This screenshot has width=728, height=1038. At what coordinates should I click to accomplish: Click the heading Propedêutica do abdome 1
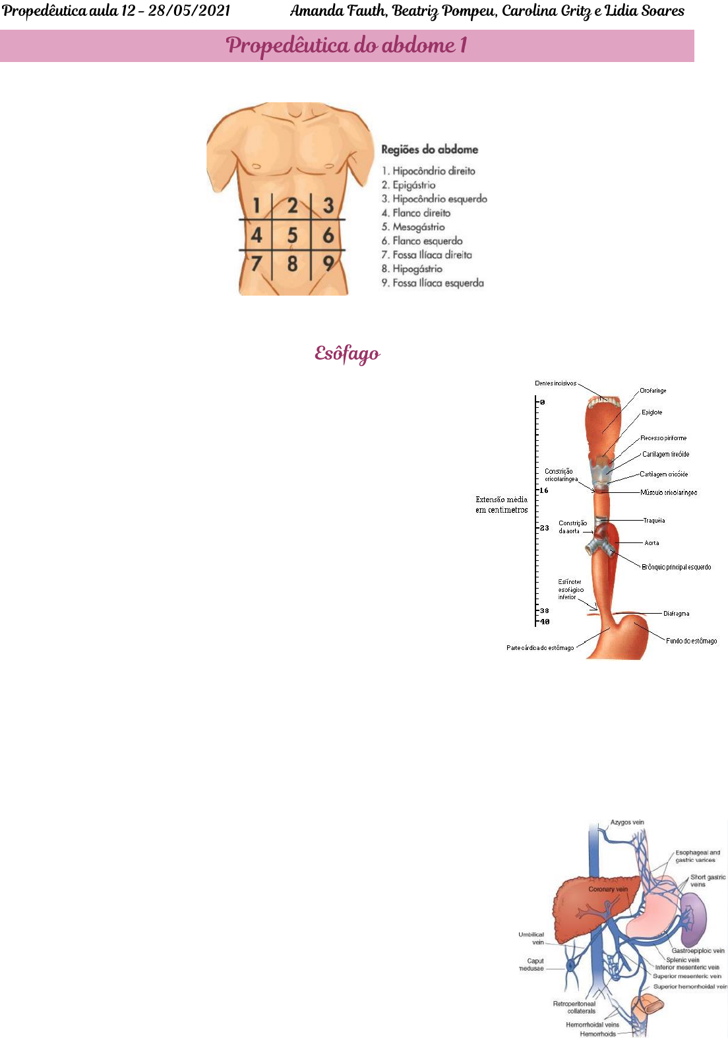347,46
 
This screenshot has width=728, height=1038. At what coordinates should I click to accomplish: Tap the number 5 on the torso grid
292,236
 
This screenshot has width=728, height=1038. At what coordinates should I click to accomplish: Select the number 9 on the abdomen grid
328,264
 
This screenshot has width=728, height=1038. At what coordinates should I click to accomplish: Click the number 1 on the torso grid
257,206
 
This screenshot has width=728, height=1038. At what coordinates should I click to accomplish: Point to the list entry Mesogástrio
418,227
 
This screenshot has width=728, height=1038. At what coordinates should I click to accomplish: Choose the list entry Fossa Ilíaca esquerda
437,283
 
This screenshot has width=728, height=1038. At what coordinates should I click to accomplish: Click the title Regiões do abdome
429,150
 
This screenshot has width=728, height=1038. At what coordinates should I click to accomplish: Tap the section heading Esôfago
347,354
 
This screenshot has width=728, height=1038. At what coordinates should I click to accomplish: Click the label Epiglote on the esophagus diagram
652,412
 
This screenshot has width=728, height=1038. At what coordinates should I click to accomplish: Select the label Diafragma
676,614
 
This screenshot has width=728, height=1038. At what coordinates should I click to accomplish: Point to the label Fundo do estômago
691,641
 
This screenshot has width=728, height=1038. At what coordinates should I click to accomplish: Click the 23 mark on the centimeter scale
544,528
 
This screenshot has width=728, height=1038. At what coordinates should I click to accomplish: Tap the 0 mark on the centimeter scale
543,402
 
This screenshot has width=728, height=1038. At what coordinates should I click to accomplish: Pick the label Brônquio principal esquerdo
676,567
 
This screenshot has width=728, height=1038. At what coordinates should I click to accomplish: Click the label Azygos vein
626,822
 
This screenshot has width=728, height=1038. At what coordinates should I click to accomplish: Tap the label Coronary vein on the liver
607,889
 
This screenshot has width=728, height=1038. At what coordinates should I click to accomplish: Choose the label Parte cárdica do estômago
539,648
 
